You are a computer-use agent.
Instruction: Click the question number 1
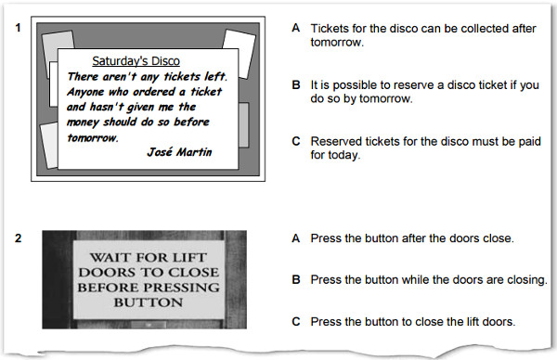(19, 28)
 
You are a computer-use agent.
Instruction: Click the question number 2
(19, 238)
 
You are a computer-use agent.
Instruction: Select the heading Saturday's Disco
(136, 61)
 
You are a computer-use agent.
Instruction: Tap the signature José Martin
(179, 152)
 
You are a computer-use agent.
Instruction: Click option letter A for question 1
(296, 28)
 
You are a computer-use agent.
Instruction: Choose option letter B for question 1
(296, 84)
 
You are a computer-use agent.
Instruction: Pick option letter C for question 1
(296, 141)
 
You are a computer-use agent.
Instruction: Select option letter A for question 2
(296, 238)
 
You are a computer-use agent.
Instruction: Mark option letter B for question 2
(296, 280)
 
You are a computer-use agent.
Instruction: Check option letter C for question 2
(296, 322)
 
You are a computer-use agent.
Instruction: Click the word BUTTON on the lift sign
(149, 302)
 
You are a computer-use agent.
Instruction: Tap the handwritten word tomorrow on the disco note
(93, 137)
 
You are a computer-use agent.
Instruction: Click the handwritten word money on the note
(83, 122)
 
